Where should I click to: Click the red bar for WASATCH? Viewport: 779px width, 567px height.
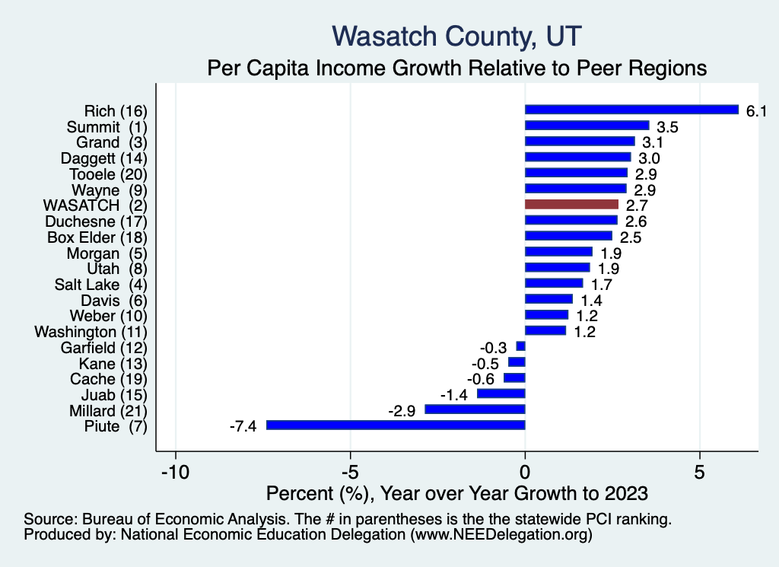pyautogui.click(x=571, y=204)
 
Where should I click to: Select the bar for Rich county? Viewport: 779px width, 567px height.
pyautogui.click(x=631, y=110)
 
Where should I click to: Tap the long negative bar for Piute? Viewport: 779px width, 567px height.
pyautogui.click(x=396, y=425)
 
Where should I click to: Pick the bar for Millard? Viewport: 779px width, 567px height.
pyautogui.click(x=475, y=409)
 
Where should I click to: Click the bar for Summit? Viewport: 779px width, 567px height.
pyautogui.click(x=587, y=126)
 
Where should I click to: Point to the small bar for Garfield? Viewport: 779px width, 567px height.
pyautogui.click(x=520, y=346)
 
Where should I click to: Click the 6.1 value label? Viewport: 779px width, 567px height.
pyautogui.click(x=755, y=110)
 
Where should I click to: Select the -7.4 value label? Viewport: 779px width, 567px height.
pyautogui.click(x=243, y=426)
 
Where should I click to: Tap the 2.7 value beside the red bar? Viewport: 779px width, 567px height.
pyautogui.click(x=637, y=205)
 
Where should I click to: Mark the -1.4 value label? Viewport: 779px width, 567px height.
pyautogui.click(x=454, y=394)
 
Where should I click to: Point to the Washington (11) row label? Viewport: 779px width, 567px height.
pyautogui.click(x=91, y=331)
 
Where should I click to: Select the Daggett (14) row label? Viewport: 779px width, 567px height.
pyautogui.click(x=103, y=158)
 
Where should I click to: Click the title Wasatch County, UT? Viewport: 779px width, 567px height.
pyautogui.click(x=457, y=36)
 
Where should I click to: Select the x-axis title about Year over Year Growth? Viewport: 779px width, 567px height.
pyautogui.click(x=457, y=492)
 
